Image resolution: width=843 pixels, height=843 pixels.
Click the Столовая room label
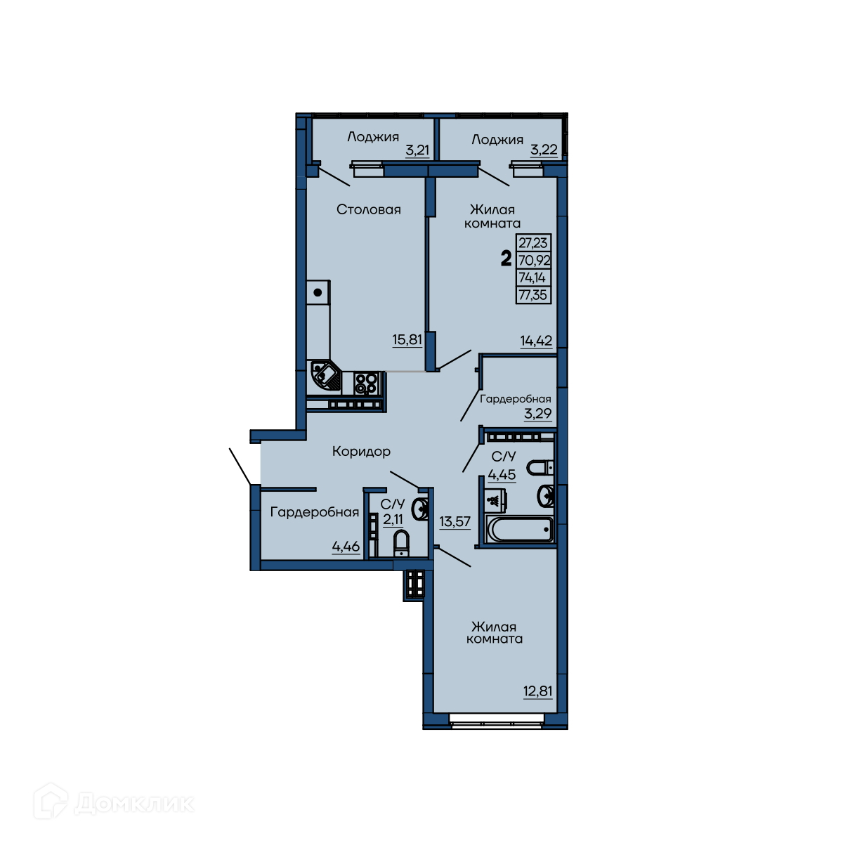click(368, 209)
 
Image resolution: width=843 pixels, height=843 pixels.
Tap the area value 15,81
click(407, 339)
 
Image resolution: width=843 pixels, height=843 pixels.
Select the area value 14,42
click(536, 340)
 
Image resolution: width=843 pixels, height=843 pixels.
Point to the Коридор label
click(361, 452)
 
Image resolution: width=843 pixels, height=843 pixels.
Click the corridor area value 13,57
click(455, 521)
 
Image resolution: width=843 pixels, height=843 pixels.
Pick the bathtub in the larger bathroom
click(519, 530)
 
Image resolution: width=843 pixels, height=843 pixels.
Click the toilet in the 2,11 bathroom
click(400, 543)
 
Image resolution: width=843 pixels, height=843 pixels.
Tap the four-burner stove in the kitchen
click(367, 384)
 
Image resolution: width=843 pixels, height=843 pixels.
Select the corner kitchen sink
click(325, 377)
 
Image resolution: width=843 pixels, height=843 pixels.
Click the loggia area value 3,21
click(417, 150)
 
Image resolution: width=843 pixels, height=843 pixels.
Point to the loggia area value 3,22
click(544, 150)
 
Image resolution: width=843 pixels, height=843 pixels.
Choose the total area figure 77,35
click(532, 295)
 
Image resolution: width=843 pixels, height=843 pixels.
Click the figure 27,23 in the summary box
click(532, 242)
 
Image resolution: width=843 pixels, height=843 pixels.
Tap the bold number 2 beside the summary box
click(506, 259)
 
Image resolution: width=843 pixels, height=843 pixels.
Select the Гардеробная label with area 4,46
click(315, 512)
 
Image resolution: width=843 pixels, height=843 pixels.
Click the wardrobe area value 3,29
click(537, 413)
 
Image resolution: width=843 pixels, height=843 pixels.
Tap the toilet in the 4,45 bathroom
click(540, 468)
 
